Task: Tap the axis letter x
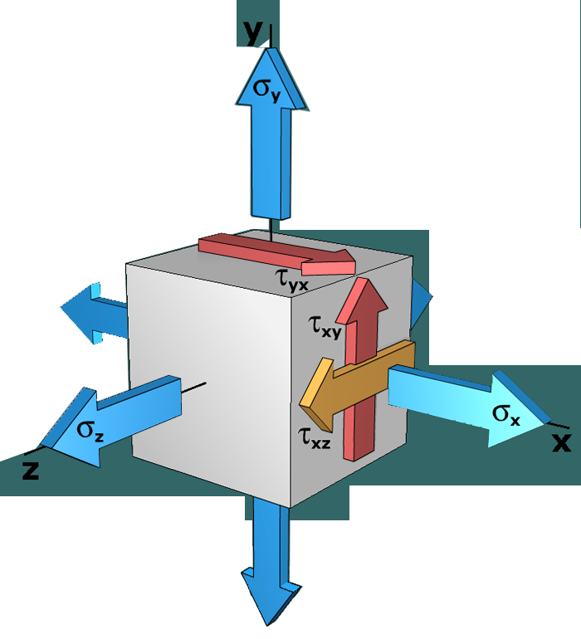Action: click(561, 442)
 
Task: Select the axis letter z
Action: click(31, 471)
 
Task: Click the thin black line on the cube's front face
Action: click(194, 386)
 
